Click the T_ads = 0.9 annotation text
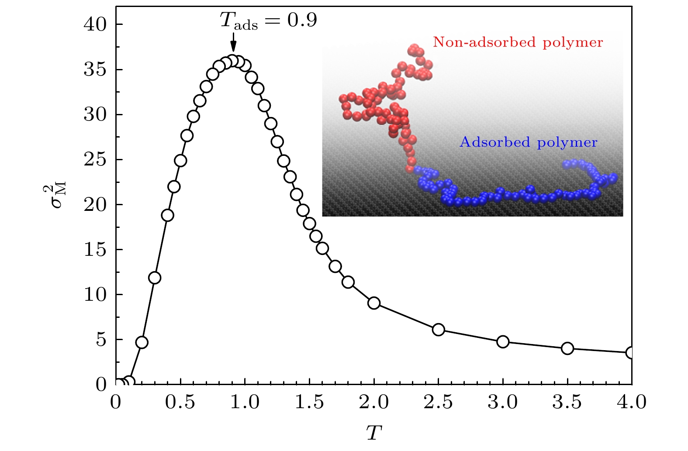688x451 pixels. point(268,21)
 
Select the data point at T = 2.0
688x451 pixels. point(374,303)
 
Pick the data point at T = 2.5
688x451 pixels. point(438,330)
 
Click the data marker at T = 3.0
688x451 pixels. point(503,341)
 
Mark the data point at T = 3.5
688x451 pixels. point(567,348)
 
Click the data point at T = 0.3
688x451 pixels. point(155,278)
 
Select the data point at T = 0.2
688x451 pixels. point(142,342)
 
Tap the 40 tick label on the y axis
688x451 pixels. point(95,24)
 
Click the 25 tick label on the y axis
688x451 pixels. point(95,160)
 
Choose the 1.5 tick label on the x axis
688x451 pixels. point(309,402)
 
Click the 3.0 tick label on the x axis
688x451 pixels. point(503,402)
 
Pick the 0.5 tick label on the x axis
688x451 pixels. point(180,402)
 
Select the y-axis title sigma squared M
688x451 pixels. point(55,197)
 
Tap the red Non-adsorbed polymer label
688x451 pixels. point(518,42)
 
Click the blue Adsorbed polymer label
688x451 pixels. point(529,142)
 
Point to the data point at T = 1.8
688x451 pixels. point(348,282)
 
